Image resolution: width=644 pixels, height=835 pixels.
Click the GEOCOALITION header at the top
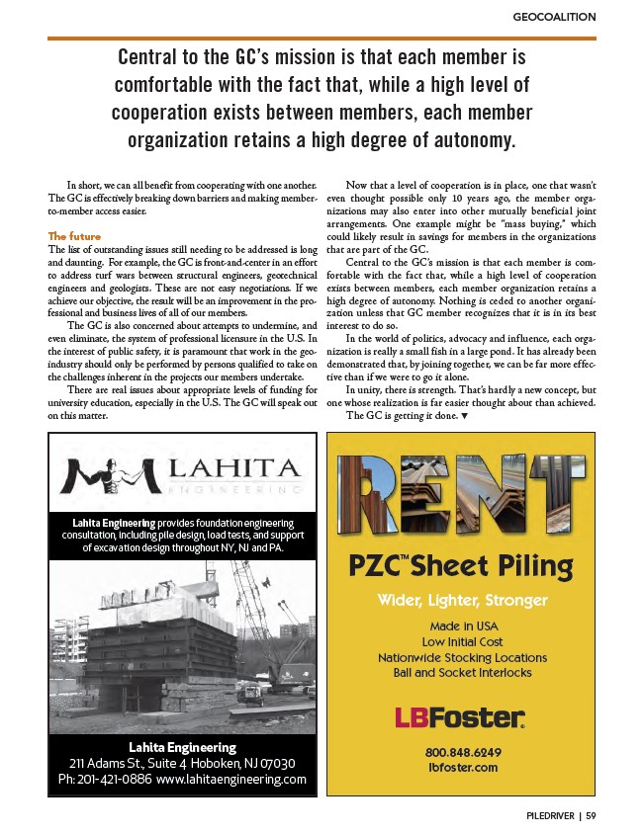pos(554,17)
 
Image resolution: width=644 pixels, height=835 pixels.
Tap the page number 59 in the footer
pos(591,816)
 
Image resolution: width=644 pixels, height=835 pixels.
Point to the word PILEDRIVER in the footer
pos(547,816)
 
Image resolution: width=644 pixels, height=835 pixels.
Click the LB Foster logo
pos(460,716)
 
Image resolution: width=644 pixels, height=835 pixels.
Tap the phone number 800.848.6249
pos(461,751)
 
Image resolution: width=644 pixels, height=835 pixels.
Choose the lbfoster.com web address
pos(461,767)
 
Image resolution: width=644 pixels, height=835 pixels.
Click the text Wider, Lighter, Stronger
pos(463,600)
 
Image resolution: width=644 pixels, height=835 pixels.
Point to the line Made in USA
pos(462,626)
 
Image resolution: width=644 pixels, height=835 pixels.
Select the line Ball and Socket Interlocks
pos(462,673)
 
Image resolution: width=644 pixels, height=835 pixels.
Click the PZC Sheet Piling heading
pos(463,566)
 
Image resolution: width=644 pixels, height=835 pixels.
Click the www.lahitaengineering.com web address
pos(231,780)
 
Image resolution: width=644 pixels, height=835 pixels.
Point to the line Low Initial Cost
pos(462,642)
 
